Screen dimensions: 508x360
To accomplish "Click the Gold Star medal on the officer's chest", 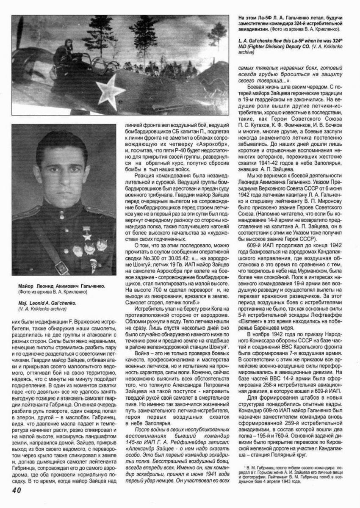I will tap(88, 234).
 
